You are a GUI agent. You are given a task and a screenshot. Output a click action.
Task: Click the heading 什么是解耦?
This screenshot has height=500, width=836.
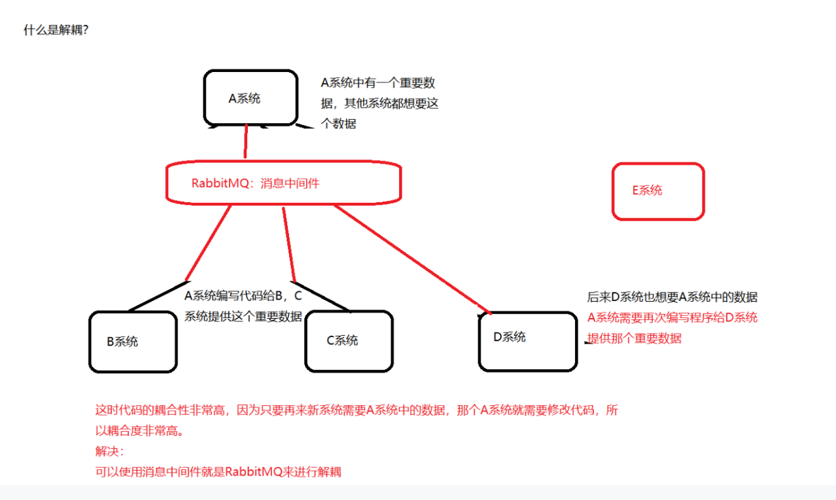(x=56, y=30)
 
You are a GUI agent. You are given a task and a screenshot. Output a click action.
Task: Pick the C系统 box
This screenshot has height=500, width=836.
(x=348, y=340)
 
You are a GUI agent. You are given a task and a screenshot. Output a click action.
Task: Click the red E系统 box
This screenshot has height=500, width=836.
(x=657, y=190)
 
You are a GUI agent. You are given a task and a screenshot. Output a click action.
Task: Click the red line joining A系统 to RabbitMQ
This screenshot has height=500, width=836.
(x=246, y=141)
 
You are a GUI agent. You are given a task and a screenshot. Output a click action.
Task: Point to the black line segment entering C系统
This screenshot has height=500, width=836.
(x=324, y=298)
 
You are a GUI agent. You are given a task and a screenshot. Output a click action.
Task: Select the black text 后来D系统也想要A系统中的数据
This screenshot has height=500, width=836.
(x=672, y=297)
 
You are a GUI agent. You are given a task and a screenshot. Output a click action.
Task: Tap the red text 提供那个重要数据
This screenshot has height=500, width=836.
(x=635, y=338)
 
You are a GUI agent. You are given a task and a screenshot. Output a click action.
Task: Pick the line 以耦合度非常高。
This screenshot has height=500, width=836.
(x=140, y=431)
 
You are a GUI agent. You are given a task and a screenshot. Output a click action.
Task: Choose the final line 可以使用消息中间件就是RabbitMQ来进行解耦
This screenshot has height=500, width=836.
(x=218, y=472)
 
